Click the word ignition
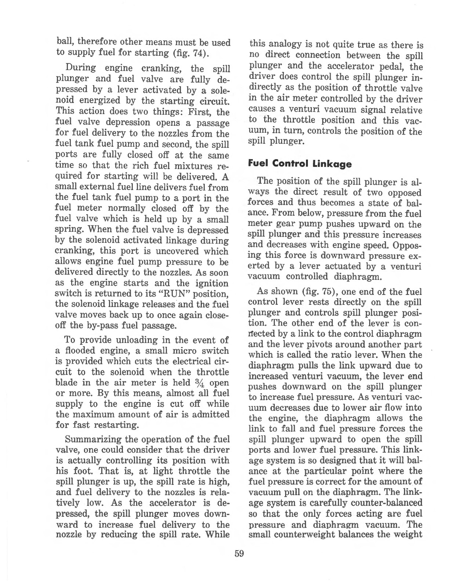[211, 283]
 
